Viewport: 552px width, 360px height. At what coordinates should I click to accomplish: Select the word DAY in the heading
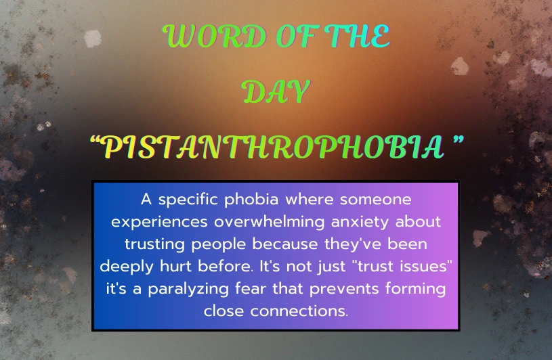click(x=277, y=92)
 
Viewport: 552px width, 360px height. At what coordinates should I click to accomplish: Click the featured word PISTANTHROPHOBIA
click(x=274, y=147)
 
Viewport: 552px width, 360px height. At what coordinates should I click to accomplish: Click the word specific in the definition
click(x=188, y=200)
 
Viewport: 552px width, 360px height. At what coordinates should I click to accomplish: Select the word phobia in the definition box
click(x=251, y=200)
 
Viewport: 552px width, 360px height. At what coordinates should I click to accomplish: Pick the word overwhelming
click(x=270, y=223)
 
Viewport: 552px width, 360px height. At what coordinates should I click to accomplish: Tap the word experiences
click(x=159, y=223)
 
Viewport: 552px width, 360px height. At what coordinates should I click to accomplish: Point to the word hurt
click(x=175, y=266)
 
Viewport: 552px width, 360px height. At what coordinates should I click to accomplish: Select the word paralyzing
click(x=188, y=290)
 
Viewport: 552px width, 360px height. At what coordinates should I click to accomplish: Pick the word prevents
click(x=343, y=289)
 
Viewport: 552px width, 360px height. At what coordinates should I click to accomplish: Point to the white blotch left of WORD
click(x=93, y=39)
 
